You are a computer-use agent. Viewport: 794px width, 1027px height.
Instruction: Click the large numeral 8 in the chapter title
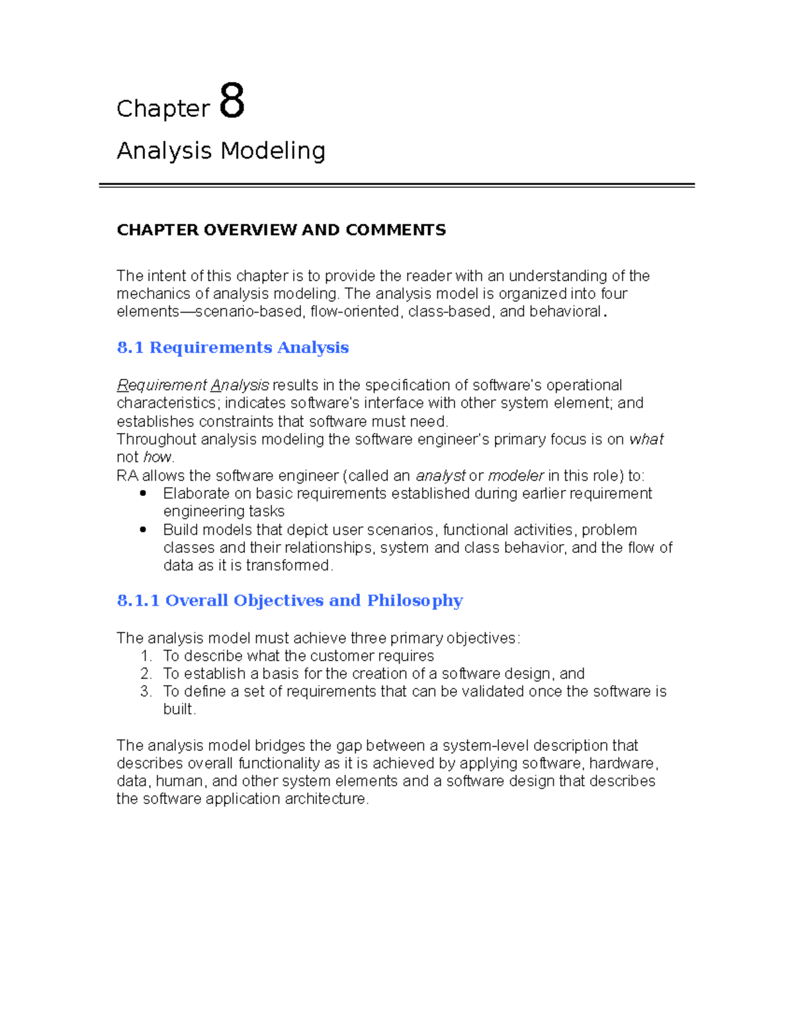(232, 101)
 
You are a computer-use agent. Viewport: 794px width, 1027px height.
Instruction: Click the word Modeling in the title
(273, 151)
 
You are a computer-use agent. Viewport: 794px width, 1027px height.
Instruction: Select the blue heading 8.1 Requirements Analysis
(232, 348)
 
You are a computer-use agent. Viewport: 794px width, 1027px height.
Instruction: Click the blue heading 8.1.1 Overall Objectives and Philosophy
(289, 600)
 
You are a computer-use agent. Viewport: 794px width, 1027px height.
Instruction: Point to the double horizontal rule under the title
(396, 186)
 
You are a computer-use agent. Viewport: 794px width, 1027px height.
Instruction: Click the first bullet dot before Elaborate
(143, 493)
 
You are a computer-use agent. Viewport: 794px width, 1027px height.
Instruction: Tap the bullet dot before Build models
(143, 530)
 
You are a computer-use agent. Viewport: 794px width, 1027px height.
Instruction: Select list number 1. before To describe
(146, 656)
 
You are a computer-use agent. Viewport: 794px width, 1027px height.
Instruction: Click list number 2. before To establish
(146, 674)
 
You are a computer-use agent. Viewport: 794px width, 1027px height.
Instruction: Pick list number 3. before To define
(146, 692)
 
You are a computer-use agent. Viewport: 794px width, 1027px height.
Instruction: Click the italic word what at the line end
(646, 440)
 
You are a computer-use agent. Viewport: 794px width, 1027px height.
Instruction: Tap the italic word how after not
(157, 458)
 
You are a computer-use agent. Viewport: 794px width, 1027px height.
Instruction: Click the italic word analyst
(440, 476)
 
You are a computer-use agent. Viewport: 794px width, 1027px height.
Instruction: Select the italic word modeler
(515, 476)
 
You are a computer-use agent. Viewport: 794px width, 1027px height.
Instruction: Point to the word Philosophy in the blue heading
(415, 600)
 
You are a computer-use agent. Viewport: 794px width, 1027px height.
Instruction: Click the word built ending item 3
(179, 710)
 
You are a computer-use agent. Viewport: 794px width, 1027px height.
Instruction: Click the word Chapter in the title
(163, 109)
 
